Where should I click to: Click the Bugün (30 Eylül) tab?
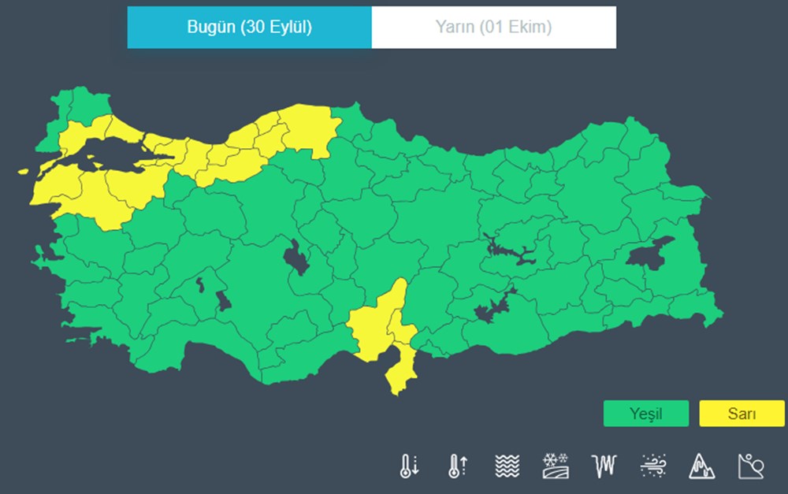249,28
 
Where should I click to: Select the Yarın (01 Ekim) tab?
493,28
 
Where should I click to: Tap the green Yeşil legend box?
645,414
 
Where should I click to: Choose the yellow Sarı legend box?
742,414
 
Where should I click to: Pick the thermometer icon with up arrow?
458,466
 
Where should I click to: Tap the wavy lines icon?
507,466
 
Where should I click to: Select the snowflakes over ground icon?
556,466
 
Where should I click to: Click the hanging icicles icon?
604,466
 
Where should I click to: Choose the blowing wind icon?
653,466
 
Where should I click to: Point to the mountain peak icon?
701,466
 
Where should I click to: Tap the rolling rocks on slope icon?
750,466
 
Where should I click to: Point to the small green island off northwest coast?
24,171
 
